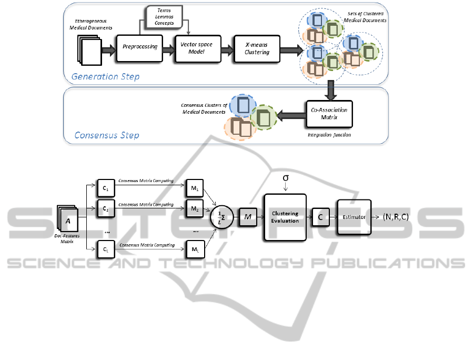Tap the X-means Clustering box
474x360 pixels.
tap(257, 49)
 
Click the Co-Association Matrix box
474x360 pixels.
tap(329, 113)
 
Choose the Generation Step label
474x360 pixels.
tap(106, 77)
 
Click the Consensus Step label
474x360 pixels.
tap(107, 135)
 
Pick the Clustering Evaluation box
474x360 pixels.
tap(285, 217)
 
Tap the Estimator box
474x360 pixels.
tap(355, 217)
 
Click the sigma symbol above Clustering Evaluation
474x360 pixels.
tap(285, 178)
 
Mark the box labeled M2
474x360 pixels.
tap(194, 209)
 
